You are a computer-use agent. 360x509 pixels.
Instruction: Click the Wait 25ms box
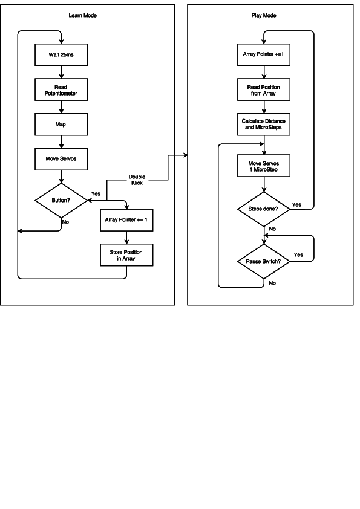[61, 55]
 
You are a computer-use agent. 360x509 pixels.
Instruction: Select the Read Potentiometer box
[61, 90]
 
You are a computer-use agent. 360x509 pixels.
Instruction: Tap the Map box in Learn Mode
[61, 125]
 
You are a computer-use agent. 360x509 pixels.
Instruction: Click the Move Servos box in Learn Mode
[61, 159]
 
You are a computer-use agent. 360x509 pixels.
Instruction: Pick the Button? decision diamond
[61, 200]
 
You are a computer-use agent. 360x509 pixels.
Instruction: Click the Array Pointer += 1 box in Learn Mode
[126, 219]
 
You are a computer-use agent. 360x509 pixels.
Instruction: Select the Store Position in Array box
[126, 254]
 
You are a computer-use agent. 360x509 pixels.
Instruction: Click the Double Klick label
[137, 180]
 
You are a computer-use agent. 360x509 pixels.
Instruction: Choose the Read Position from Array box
[263, 90]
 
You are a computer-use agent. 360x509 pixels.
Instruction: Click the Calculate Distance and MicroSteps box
[263, 125]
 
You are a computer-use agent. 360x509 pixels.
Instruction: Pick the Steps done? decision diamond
[263, 209]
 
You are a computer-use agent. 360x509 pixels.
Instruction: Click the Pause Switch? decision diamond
[263, 262]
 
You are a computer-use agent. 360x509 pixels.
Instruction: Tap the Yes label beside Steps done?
[296, 205]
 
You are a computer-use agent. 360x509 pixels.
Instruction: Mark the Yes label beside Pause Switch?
[298, 254]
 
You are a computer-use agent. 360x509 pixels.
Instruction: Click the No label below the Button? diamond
[65, 222]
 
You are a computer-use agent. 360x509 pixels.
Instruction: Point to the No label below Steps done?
[272, 229]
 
